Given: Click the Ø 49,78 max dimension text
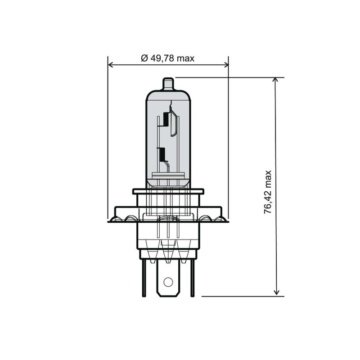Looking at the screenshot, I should (167, 58).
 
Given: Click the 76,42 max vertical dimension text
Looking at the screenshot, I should (269, 192).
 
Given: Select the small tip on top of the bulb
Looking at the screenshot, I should (168, 84).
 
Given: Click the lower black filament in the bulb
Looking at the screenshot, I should (162, 155).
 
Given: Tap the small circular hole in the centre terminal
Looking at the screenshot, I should (168, 282).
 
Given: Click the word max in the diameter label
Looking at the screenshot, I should (185, 58).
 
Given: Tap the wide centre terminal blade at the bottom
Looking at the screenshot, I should (168, 279).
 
